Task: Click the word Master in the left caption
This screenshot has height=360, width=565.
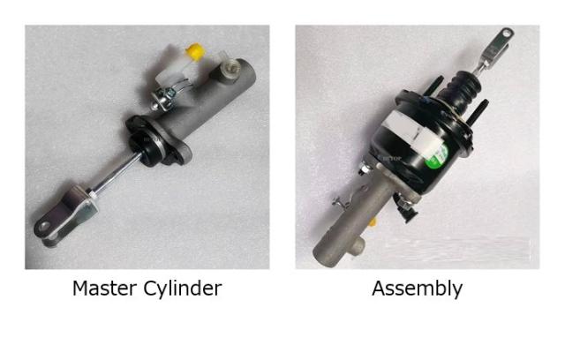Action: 104,289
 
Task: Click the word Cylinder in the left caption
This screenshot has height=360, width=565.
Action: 183,289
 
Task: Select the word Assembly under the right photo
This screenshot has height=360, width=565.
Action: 418,289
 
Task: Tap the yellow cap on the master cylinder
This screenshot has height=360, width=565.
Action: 195,51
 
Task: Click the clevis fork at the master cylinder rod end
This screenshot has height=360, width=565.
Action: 64,216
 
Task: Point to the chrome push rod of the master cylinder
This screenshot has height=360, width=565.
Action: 115,175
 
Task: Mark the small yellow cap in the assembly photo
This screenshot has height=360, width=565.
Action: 373,221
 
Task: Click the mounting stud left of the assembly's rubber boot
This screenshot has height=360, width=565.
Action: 433,86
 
